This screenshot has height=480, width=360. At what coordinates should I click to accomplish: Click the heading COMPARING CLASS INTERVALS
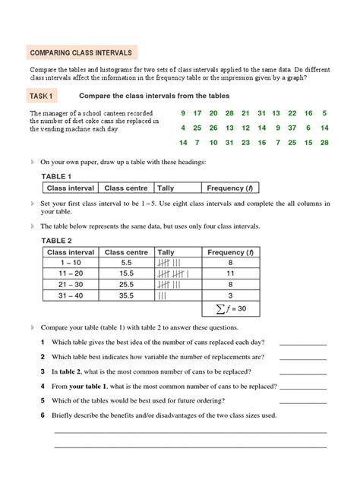(x=81, y=53)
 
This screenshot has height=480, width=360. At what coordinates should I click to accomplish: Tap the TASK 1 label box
(x=41, y=96)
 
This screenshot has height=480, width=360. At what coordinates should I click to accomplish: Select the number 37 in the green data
(x=291, y=128)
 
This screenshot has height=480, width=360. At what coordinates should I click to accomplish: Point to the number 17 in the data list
(x=201, y=113)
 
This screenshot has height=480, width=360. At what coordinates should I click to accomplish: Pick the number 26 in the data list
(x=214, y=128)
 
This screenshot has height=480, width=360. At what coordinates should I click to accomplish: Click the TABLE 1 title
(x=61, y=176)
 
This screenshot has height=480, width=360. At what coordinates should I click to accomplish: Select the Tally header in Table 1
(x=165, y=188)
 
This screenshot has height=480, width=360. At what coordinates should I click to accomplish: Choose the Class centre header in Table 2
(x=126, y=252)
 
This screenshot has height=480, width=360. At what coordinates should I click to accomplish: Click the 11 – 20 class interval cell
(x=71, y=273)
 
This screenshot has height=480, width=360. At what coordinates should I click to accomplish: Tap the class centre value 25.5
(x=126, y=284)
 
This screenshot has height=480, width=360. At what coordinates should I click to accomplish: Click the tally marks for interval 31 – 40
(x=162, y=295)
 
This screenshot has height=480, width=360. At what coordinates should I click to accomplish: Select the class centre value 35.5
(x=126, y=295)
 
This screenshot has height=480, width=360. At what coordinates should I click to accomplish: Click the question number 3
(x=43, y=371)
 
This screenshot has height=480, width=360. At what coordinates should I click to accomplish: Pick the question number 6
(x=43, y=415)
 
